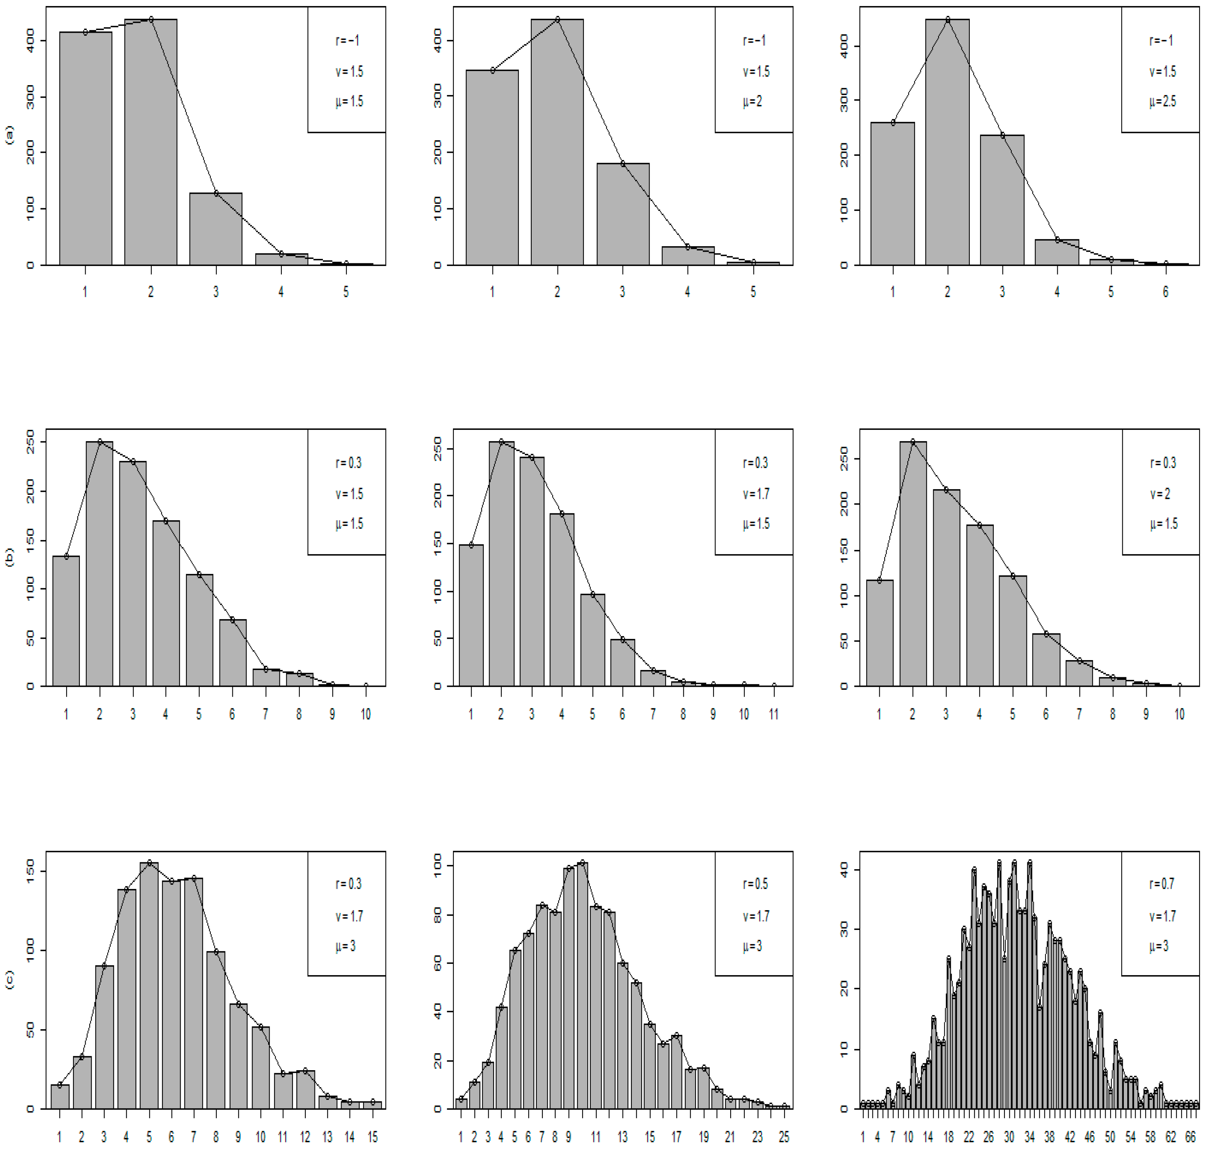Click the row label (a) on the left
point(9,135)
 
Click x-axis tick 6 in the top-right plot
point(1165,292)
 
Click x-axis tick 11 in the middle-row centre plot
point(774,714)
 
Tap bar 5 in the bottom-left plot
point(149,987)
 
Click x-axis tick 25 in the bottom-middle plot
point(783,1137)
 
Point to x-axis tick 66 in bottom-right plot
point(1189,1137)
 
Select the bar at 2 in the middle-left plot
point(99,564)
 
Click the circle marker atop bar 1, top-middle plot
point(492,70)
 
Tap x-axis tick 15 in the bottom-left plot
point(372,1137)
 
